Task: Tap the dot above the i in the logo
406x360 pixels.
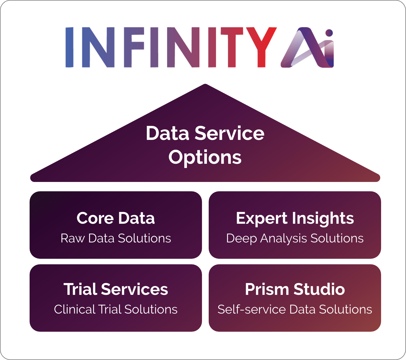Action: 329,33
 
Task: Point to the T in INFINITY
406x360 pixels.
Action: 232,47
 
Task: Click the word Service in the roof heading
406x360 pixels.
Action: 229,133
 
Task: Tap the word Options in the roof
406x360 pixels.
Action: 205,157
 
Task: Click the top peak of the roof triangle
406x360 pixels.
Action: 205,85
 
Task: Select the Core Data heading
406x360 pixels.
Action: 116,218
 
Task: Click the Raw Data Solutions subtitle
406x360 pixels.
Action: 116,238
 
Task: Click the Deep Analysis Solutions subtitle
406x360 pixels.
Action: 295,238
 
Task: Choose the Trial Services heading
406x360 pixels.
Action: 116,289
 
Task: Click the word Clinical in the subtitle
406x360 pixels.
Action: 75,309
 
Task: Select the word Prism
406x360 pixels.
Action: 267,289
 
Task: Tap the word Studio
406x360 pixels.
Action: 319,289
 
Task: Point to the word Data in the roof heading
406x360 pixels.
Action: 168,133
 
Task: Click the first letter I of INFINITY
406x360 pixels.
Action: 69,47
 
